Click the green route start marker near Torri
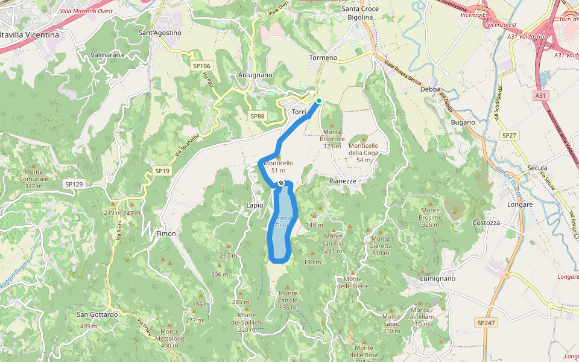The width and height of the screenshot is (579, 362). tap(318, 101)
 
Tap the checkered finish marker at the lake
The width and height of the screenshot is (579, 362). tap(281, 183)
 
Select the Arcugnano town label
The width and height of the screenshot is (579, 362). tap(255, 75)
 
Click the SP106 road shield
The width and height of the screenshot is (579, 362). tap(201, 66)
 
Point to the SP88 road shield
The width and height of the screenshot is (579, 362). tap(257, 116)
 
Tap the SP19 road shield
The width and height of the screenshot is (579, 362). tap(162, 171)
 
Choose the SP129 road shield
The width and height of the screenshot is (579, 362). tap(74, 183)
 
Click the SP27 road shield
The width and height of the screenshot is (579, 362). tap(510, 136)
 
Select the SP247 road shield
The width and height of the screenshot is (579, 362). tap(486, 323)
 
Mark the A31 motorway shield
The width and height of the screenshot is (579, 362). tap(541, 95)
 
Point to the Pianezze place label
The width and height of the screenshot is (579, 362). tap(343, 181)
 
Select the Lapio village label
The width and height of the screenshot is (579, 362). tap(255, 205)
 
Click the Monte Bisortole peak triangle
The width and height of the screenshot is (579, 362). tap(332, 125)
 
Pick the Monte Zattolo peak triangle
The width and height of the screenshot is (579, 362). tap(288, 287)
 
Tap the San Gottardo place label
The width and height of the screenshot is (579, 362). tap(96, 314)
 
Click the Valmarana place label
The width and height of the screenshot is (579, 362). tap(107, 55)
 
